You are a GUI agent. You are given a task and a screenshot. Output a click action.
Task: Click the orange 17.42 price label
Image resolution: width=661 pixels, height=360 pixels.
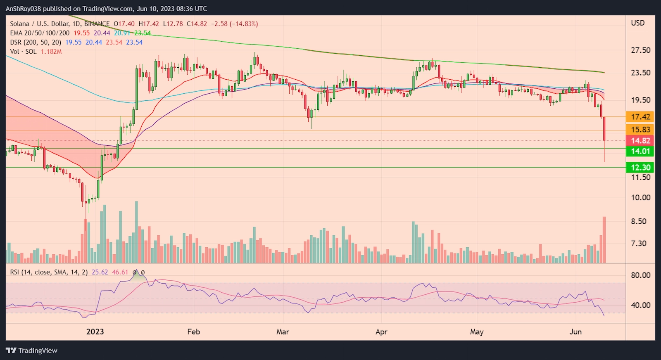tap(640, 117)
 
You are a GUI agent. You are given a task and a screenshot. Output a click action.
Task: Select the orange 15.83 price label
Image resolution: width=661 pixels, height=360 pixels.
tap(640, 130)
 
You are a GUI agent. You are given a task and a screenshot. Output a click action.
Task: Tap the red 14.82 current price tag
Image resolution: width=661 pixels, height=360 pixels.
tap(640, 140)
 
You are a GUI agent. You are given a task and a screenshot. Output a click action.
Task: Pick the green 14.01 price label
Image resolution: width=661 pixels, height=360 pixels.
tap(640, 151)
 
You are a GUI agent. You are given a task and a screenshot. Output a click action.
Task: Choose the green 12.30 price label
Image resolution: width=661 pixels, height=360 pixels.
tap(640, 167)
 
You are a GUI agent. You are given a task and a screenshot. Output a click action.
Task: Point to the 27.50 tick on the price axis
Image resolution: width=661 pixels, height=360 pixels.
tap(640, 50)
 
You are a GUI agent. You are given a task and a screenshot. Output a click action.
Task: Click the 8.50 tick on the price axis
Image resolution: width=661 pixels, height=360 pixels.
tap(638, 221)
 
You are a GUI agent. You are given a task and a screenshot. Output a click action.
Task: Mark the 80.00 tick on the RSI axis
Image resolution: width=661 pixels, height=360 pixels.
tap(640, 275)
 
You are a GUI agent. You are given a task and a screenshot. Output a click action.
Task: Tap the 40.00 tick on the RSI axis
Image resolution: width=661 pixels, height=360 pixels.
tap(640, 305)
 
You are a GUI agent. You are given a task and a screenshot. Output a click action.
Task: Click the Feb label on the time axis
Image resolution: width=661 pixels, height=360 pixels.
tap(193, 332)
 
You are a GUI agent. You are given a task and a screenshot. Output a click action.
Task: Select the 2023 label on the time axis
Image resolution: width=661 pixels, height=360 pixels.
tap(95, 332)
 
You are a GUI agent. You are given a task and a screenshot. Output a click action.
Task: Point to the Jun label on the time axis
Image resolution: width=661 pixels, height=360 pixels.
tap(575, 332)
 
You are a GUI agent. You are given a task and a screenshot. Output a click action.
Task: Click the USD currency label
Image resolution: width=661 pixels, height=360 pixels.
tap(637, 23)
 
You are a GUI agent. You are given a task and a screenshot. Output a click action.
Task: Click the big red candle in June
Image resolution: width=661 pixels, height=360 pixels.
tap(604, 129)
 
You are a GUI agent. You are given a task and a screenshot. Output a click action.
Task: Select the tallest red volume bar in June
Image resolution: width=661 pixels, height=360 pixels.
tap(604, 239)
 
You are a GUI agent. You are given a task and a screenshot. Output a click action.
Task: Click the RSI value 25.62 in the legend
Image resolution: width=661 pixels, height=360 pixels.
tap(100, 272)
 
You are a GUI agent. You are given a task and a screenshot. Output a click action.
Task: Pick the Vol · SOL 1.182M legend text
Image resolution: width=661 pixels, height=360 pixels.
tap(36, 51)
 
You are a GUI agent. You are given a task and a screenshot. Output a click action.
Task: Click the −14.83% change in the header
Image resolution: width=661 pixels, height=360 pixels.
tap(245, 24)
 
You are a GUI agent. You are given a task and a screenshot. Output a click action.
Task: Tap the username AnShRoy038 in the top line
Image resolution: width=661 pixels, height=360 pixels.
tap(23, 8)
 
